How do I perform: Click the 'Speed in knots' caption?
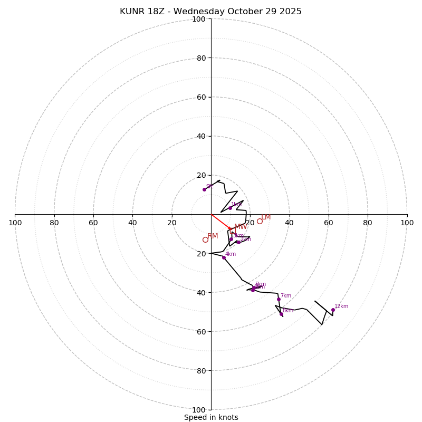[211, 417]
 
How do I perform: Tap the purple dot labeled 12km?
[333, 310]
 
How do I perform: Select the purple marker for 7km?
[279, 300]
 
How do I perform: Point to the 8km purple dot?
[281, 314]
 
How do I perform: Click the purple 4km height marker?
[224, 257]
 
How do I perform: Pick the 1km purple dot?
[230, 208]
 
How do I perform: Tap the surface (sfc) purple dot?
[204, 189]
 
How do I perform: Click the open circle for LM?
[260, 222]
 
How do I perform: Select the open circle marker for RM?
[205, 240]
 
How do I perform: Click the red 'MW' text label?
[241, 227]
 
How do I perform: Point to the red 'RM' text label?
[213, 236]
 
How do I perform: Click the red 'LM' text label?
[266, 217]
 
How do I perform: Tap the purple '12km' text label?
[341, 306]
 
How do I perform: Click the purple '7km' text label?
[285, 296]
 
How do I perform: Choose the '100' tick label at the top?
[198, 19]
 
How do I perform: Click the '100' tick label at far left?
[15, 223]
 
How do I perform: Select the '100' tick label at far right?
[407, 223]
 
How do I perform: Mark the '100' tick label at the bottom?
[198, 409]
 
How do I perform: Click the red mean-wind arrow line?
[220, 222]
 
